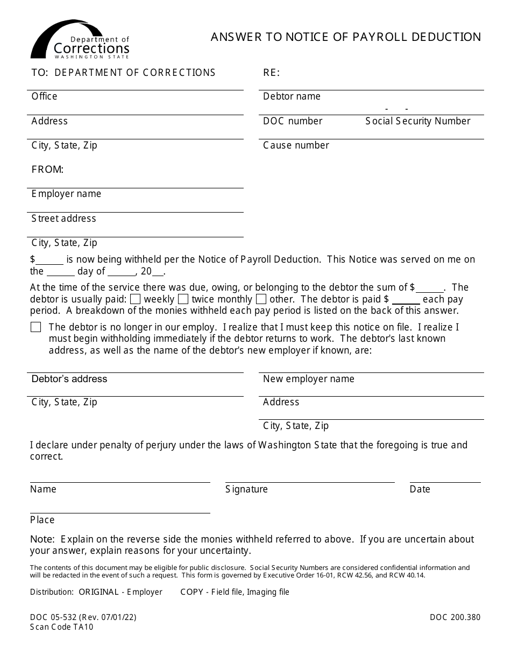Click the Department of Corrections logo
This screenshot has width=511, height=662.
pos(80,40)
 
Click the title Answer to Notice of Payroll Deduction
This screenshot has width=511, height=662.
pos(346,37)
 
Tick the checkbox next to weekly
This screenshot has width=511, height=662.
pos(136,299)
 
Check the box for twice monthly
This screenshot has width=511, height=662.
pos(183,299)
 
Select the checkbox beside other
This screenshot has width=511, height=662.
pos(261,299)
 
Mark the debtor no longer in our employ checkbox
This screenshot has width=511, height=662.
pos(36,327)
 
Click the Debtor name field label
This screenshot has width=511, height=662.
pos(292,96)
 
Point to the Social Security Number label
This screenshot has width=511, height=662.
pos(418,121)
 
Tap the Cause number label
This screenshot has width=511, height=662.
pos(296,145)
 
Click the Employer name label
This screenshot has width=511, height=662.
pos(66,194)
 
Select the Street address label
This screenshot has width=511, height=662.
pos(63,219)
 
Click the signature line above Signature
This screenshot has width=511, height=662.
pos(310,482)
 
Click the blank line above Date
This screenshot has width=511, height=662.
pos(445,482)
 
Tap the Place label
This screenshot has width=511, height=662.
pos(42,520)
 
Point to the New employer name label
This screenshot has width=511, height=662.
pos(308,379)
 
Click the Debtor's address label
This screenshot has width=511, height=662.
pos(69,379)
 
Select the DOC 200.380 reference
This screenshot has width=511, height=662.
pos(455,617)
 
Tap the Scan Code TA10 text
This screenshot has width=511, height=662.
pos(61,626)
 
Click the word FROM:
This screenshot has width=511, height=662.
pos(47,170)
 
